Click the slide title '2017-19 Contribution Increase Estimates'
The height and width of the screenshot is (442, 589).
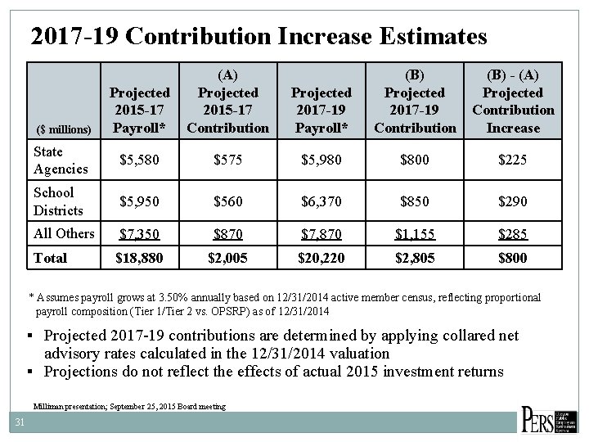coord(258,37)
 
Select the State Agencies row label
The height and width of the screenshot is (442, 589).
coord(61,160)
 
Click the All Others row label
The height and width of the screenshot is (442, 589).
coord(64,233)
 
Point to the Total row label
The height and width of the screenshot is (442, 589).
coord(52,258)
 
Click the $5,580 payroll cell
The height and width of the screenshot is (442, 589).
coord(138,160)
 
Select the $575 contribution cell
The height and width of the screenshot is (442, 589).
coord(227,160)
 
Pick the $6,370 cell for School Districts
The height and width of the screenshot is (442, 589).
coord(320,201)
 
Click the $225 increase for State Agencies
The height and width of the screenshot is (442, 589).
coord(513,160)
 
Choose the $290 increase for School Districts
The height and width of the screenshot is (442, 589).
coord(513,201)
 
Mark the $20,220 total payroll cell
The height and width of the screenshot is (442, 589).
coord(320,258)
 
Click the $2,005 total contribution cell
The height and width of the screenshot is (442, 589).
coord(227,258)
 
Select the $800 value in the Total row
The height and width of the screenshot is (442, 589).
coord(513,258)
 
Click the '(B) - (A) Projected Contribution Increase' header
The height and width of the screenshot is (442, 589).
coord(513,101)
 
